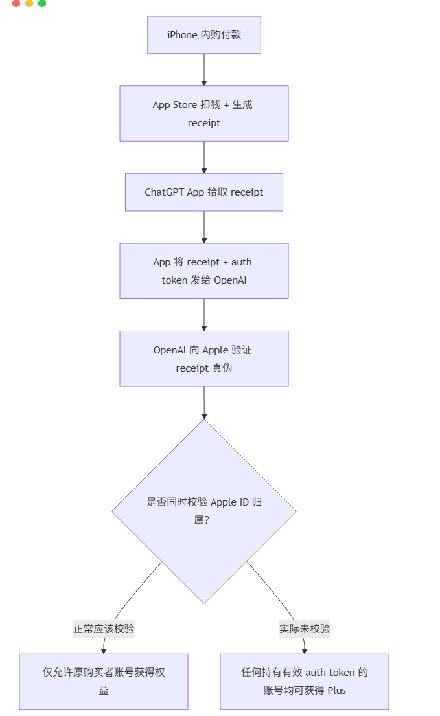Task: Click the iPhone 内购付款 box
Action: pyautogui.click(x=203, y=35)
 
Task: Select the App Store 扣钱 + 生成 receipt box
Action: pyautogui.click(x=203, y=113)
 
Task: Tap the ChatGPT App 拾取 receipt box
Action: pyautogui.click(x=203, y=192)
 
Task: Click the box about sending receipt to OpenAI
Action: pyautogui.click(x=203, y=271)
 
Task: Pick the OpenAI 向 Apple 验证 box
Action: pyautogui.click(x=203, y=359)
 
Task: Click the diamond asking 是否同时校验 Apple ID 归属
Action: pyautogui.click(x=203, y=511)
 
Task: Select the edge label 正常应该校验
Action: pyautogui.click(x=104, y=629)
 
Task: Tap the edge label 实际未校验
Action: pyautogui.click(x=305, y=629)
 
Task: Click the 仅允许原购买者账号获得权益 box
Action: pyautogui.click(x=104, y=681)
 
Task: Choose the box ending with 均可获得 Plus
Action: pyautogui.click(x=305, y=681)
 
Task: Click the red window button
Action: pyautogui.click(x=16, y=3)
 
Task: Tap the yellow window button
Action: pyautogui.click(x=29, y=3)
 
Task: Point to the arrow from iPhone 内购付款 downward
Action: pyautogui.click(x=204, y=70)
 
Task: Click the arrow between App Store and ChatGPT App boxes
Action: pyautogui.click(x=204, y=157)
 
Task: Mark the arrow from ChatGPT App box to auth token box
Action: pyautogui.click(x=204, y=227)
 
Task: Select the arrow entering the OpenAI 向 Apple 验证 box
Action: pyautogui.click(x=204, y=315)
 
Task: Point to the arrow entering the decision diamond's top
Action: pyautogui.click(x=204, y=403)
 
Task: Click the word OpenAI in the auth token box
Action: pyautogui.click(x=230, y=280)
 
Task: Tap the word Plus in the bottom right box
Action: pyautogui.click(x=337, y=691)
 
